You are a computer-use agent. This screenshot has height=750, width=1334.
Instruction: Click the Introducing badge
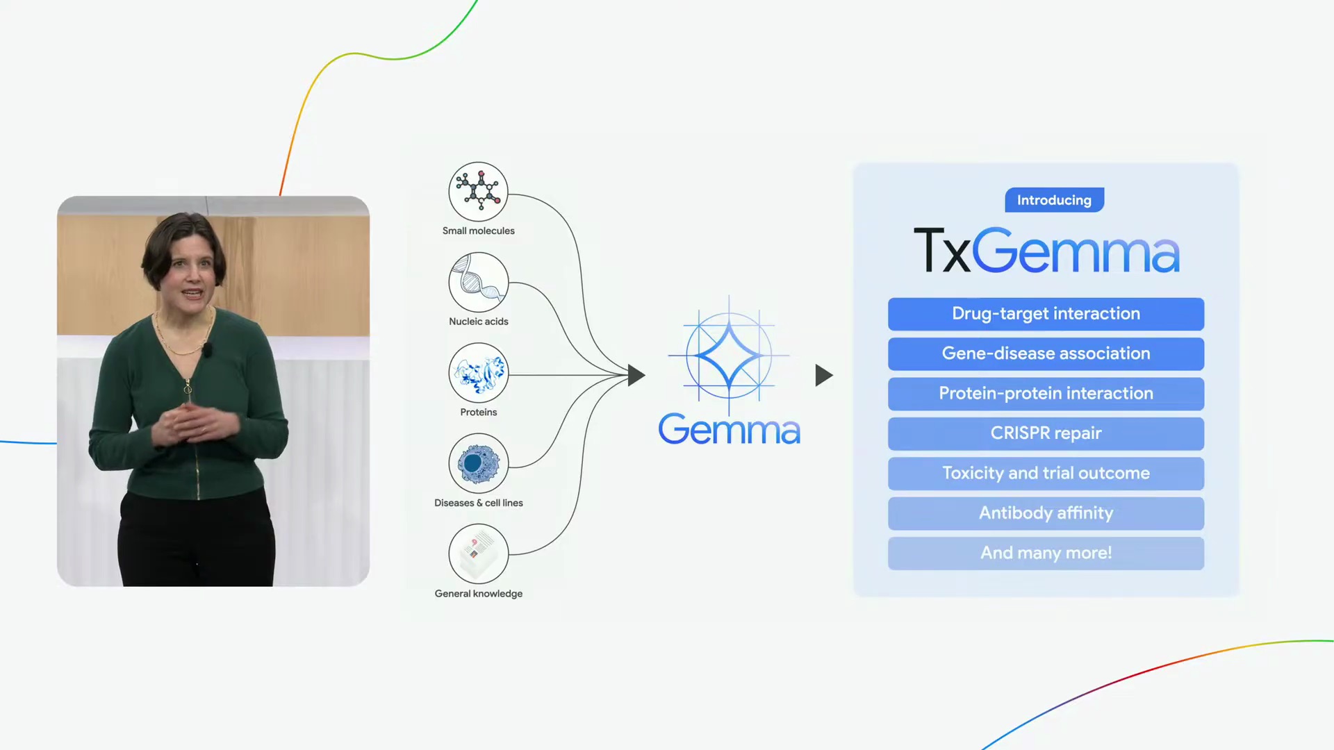[x=1054, y=200]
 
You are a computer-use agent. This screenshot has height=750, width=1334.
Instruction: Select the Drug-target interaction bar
[x=1046, y=314]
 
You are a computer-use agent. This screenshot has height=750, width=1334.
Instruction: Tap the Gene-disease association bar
[x=1046, y=353]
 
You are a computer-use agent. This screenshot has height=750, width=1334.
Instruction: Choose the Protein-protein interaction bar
[x=1046, y=394]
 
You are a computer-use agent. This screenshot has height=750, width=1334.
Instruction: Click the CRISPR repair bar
[x=1046, y=433]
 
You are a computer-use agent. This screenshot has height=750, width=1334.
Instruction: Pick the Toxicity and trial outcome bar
[x=1046, y=474]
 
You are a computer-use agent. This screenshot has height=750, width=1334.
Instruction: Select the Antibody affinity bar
[x=1046, y=513]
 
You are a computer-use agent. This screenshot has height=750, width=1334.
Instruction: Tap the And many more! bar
[x=1046, y=553]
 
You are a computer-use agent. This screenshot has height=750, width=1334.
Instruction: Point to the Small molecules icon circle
[x=478, y=192]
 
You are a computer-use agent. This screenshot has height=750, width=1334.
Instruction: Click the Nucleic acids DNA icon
[x=478, y=282]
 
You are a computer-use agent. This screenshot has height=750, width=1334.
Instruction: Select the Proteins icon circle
[x=478, y=373]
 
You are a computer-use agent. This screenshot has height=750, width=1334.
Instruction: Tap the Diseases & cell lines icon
[x=478, y=463]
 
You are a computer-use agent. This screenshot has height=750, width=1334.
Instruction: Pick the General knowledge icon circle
[x=478, y=554]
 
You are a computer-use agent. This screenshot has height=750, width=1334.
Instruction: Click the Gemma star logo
[x=729, y=355]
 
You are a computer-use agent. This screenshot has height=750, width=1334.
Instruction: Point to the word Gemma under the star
[x=730, y=429]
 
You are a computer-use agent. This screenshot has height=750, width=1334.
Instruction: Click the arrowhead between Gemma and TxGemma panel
[x=824, y=376]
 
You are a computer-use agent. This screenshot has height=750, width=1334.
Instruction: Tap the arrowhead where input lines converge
[x=636, y=376]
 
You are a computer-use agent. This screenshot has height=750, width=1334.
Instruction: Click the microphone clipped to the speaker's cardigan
[x=207, y=349]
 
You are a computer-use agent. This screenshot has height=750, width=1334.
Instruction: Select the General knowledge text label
[x=479, y=594]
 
